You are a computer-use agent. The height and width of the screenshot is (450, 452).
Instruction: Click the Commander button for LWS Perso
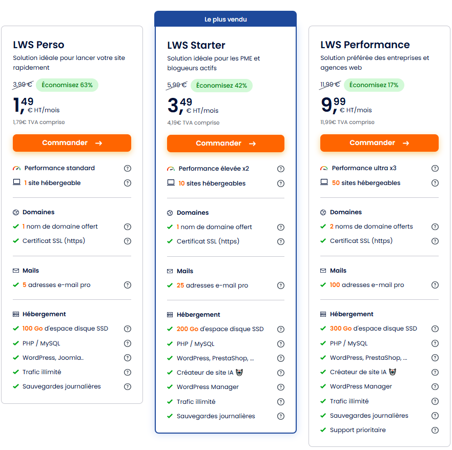pos(72,143)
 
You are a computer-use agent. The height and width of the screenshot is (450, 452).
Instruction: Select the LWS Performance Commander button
pos(379,143)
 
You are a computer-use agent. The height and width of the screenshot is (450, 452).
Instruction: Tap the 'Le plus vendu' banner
pos(225,19)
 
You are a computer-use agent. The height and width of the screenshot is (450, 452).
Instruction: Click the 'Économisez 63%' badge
pos(67,85)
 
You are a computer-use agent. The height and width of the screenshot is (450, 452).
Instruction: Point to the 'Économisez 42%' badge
pos(221,86)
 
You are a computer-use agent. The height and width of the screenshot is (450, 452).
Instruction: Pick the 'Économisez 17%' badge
pos(374,85)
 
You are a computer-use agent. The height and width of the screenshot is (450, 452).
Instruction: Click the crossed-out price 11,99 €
pos(330,85)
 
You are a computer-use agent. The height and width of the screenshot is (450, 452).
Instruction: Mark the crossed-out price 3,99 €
pos(22,85)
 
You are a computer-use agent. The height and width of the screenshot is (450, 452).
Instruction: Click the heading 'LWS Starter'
pos(196,46)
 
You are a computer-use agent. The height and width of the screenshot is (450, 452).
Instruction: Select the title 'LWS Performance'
pos(365,45)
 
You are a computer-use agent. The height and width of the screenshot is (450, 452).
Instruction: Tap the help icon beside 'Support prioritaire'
pos(435,430)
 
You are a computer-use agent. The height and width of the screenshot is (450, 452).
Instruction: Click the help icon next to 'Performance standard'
pos(128,168)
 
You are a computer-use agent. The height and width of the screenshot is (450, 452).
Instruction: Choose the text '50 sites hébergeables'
pos(366,183)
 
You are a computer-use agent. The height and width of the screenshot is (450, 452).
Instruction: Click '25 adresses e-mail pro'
pos(212,285)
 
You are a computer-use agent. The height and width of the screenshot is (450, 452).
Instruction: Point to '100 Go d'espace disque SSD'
pos(65,329)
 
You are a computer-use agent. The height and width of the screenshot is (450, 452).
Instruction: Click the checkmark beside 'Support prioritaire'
pos(323,430)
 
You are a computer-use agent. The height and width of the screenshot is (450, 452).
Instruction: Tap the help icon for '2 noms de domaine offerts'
pos(435,227)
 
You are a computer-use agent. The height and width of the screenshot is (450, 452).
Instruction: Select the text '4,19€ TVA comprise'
pos(193,123)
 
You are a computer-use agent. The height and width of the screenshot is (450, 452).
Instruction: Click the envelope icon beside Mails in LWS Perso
pos(16,271)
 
